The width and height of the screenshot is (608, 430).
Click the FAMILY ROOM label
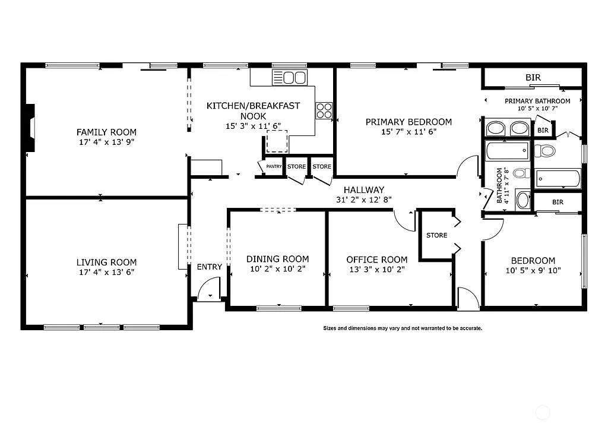pyautogui.click(x=106, y=132)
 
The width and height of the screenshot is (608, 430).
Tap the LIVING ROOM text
pyautogui.click(x=106, y=262)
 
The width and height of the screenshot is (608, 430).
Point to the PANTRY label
pyautogui.click(x=274, y=167)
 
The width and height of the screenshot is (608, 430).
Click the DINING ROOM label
pyautogui.click(x=277, y=259)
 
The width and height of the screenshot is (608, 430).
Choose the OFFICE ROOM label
pyautogui.click(x=376, y=260)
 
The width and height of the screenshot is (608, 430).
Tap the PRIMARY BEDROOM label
pyautogui.click(x=408, y=122)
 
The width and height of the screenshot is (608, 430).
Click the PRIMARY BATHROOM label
pyautogui.click(x=537, y=101)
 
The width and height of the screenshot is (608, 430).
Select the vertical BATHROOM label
pyautogui.click(x=500, y=185)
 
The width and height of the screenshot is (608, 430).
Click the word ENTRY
pyautogui.click(x=209, y=267)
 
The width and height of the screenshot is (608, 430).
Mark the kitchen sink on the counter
pyautogui.click(x=289, y=77)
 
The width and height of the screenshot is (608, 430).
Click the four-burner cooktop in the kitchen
pyautogui.click(x=324, y=110)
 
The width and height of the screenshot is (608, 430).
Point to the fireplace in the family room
pyautogui.click(x=30, y=127)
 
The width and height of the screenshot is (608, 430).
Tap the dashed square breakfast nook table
pyautogui.click(x=277, y=141)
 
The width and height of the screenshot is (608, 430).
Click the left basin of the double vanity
pyautogui.click(x=496, y=128)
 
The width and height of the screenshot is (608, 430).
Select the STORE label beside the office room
pyautogui.click(x=436, y=235)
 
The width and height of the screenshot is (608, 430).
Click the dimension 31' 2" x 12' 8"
pyautogui.click(x=364, y=200)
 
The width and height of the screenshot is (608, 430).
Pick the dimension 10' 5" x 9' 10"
pyautogui.click(x=533, y=270)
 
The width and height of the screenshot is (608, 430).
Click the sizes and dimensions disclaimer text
pyautogui.click(x=402, y=328)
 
